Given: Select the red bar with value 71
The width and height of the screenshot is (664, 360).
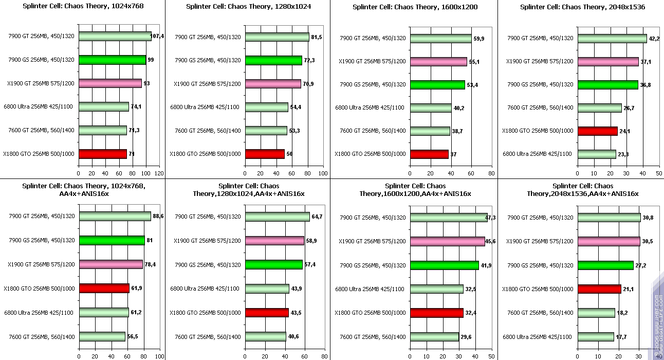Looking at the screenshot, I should [x=102, y=154].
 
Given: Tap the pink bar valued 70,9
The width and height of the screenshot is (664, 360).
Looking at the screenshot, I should [x=273, y=84].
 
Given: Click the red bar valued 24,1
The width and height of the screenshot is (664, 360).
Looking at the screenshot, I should [x=597, y=131].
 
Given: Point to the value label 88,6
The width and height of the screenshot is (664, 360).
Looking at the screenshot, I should [x=158, y=217].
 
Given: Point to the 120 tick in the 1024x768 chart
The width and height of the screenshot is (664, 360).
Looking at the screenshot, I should [x=159, y=174].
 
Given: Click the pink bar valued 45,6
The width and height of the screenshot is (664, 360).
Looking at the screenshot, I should [x=447, y=241].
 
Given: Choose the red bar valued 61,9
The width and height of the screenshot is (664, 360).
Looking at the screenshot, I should [x=104, y=289].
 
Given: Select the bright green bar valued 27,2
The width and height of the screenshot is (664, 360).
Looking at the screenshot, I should [x=605, y=265].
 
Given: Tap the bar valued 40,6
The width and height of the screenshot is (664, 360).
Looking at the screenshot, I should [x=265, y=337].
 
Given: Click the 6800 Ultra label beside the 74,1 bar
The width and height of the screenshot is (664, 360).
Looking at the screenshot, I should [x=39, y=107].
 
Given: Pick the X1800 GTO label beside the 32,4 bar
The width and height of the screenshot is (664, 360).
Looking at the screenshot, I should [x=370, y=313].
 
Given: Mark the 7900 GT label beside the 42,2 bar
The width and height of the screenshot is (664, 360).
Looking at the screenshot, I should [x=540, y=38].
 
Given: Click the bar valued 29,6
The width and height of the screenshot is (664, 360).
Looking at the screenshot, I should [x=434, y=337].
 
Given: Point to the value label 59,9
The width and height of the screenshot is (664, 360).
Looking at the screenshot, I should [x=479, y=39].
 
